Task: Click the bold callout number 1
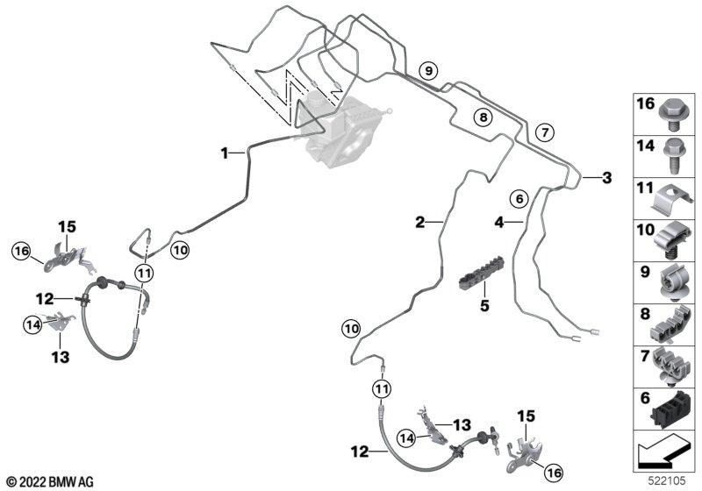coord(225,153)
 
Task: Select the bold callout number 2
coord(419,223)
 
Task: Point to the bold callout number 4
coord(498,223)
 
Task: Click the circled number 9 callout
coord(427,69)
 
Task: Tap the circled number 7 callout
coord(544,132)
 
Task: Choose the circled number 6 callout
coord(519,199)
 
